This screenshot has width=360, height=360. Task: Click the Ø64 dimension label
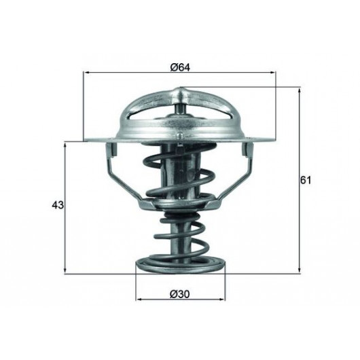coord(180,67)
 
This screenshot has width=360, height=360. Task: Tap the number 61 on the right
coord(306,180)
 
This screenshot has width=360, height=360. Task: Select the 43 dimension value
coord(58,205)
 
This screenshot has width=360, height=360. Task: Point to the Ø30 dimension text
coord(180,294)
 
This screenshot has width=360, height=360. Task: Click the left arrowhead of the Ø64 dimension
coord(87,73)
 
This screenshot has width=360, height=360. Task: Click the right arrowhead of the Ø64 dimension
coord(272,73)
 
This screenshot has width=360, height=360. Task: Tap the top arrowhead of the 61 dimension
coord(299,90)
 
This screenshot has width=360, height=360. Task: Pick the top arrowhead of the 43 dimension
coord(65,145)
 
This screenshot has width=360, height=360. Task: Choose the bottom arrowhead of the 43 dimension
coord(65,270)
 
